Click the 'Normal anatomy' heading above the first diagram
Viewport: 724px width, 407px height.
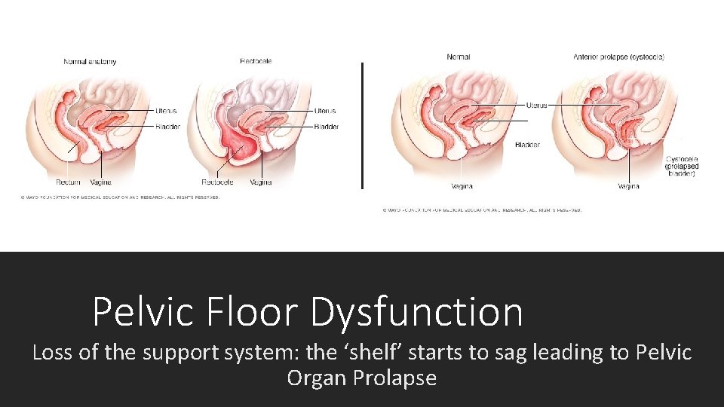click(x=90, y=61)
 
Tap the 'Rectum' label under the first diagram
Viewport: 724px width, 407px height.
click(x=68, y=182)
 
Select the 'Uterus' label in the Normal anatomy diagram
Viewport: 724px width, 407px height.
click(x=165, y=111)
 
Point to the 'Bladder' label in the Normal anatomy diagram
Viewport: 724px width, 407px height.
click(x=167, y=127)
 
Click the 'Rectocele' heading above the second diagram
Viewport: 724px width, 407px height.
click(x=256, y=61)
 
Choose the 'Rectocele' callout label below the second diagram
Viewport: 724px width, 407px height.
click(x=217, y=182)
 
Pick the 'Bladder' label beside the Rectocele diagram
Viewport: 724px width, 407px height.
click(x=326, y=127)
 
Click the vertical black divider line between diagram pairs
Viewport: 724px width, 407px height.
click(x=363, y=125)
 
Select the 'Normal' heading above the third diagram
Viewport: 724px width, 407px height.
click(x=459, y=57)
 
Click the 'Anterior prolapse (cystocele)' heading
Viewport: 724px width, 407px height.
click(x=618, y=57)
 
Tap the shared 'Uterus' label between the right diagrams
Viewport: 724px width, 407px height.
click(x=536, y=106)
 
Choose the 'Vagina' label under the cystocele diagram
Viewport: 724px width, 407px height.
click(x=628, y=186)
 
